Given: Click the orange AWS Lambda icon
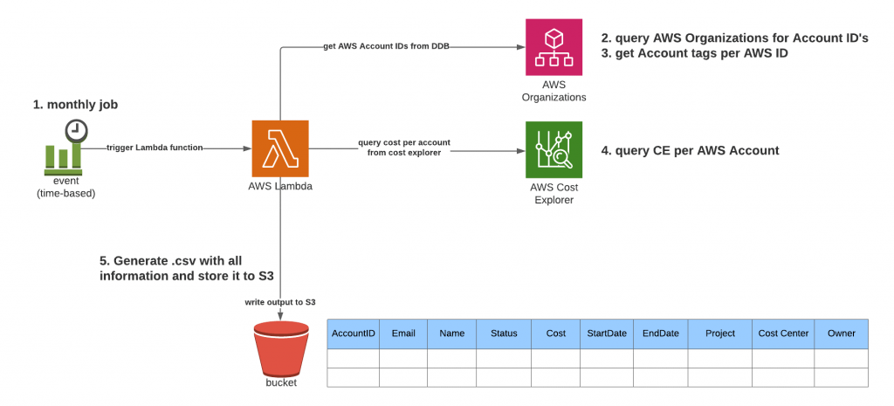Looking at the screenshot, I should pyautogui.click(x=279, y=149).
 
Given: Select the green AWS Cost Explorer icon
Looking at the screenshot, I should pyautogui.click(x=554, y=149).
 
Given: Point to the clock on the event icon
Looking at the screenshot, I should pyautogui.click(x=76, y=130).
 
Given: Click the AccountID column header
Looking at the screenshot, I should pyautogui.click(x=354, y=334).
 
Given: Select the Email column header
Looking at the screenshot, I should pyautogui.click(x=402, y=334).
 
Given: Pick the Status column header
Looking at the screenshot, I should pyautogui.click(x=504, y=334).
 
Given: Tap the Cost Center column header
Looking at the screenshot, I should pyautogui.click(x=783, y=334).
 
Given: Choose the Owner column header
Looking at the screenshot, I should pyautogui.click(x=842, y=334).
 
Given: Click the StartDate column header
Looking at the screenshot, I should pyautogui.click(x=606, y=334).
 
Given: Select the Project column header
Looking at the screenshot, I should pyautogui.click(x=720, y=334).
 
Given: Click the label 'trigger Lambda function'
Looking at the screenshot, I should pyautogui.click(x=155, y=148).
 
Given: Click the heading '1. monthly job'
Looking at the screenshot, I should pyautogui.click(x=75, y=105).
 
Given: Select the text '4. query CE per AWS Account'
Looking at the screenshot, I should pyautogui.click(x=690, y=150).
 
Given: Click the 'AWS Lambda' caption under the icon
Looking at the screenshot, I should pyautogui.click(x=279, y=187).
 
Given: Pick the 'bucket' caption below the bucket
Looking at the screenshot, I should pyautogui.click(x=281, y=383).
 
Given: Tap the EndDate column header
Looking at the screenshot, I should pyautogui.click(x=660, y=334).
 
